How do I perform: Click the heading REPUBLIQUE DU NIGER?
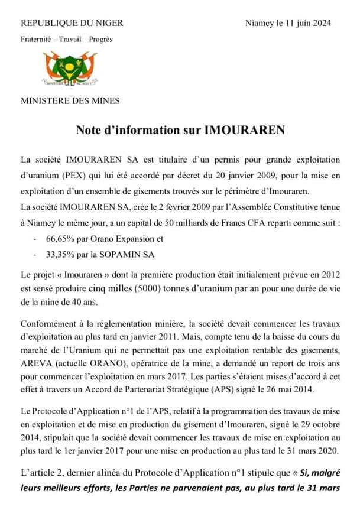pos(72,23)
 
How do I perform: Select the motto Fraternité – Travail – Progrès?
pos(66,40)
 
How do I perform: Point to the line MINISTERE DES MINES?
pos(70,100)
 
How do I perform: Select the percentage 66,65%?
pos(59,239)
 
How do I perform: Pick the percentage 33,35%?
pos(59,254)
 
